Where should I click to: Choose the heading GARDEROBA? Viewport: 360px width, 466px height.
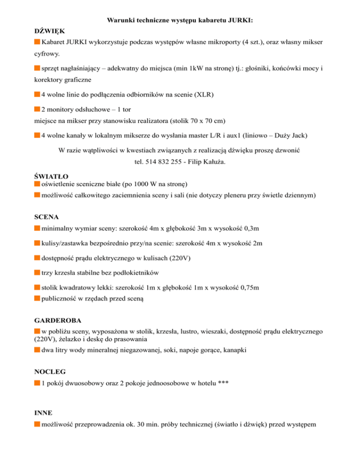[x=58, y=321]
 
